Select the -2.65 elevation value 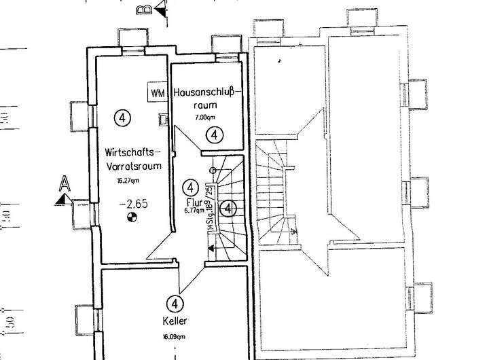point(132,203)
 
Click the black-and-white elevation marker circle point(132,218)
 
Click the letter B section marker point(144,10)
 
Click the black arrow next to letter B point(160,10)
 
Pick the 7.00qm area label point(204,118)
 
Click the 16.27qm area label point(128,181)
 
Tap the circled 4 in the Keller point(175,303)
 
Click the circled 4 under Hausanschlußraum point(214,134)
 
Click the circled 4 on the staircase point(229,207)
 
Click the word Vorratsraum point(130,164)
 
